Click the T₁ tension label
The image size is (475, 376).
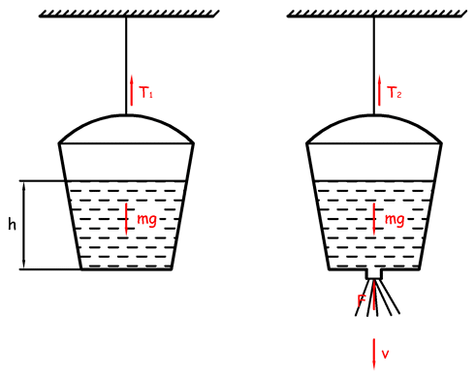pyautogui.click(x=145, y=92)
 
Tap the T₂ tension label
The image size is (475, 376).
pyautogui.click(x=394, y=92)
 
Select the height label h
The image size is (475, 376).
pyautogui.click(x=12, y=224)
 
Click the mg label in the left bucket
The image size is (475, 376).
pyautogui.click(x=146, y=220)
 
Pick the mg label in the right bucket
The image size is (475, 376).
pyautogui.click(x=395, y=220)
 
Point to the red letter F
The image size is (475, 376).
pyautogui.click(x=361, y=300)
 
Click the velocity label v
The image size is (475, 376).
pyautogui.click(x=385, y=354)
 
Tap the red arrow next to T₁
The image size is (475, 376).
pyautogui.click(x=132, y=90)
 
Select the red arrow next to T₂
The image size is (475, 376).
pyautogui.click(x=379, y=90)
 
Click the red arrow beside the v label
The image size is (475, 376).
pyautogui.click(x=374, y=354)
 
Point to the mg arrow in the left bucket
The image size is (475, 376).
pyautogui.click(x=126, y=219)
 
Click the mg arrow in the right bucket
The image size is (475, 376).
pyautogui.click(x=374, y=219)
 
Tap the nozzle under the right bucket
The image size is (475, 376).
pyautogui.click(x=374, y=274)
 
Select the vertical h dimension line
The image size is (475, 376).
pyautogui.click(x=23, y=225)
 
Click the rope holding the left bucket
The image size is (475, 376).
pyautogui.click(x=126, y=66)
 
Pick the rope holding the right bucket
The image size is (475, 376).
pyautogui.click(x=374, y=66)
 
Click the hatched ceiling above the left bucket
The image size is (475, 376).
pyautogui.click(x=129, y=14)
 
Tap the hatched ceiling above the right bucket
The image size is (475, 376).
pyautogui.click(x=377, y=14)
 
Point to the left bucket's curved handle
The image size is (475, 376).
pyautogui.click(x=126, y=115)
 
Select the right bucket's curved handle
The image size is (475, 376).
pyautogui.click(x=374, y=115)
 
